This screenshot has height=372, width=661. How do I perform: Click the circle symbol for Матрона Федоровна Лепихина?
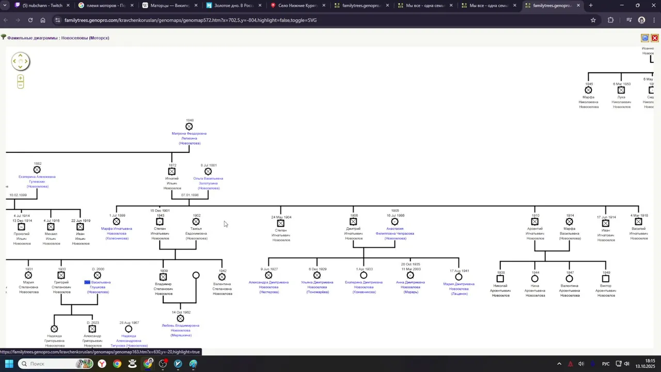tap(189, 127)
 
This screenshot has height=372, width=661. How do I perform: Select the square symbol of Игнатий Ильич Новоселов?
tap(172, 172)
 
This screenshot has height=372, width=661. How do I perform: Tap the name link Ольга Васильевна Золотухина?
tap(208, 181)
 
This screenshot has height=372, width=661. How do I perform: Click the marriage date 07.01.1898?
tap(190, 195)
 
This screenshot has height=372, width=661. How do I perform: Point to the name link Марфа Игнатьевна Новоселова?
tap(116, 231)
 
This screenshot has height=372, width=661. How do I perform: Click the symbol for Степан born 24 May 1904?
tap(281, 223)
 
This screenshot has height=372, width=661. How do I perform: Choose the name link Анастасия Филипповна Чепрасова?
tap(395, 231)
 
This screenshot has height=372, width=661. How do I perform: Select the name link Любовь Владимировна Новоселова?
tap(180, 328)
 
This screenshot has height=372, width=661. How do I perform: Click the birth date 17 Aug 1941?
tap(459, 271)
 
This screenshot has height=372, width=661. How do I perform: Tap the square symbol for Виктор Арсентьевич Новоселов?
tap(606, 278)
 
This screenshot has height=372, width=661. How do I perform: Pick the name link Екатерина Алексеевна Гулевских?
tap(37, 179)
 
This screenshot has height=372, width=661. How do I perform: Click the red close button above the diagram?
tap(654, 38)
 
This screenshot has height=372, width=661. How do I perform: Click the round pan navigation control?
tap(20, 61)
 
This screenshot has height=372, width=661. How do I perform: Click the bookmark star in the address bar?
tap(593, 20)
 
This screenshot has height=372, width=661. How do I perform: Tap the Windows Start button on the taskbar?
tap(9, 364)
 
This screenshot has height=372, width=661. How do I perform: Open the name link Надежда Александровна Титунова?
tap(129, 338)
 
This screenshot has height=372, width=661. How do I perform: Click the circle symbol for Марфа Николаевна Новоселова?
tap(588, 90)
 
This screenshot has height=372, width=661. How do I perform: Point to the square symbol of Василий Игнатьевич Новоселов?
tap(639, 222)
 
